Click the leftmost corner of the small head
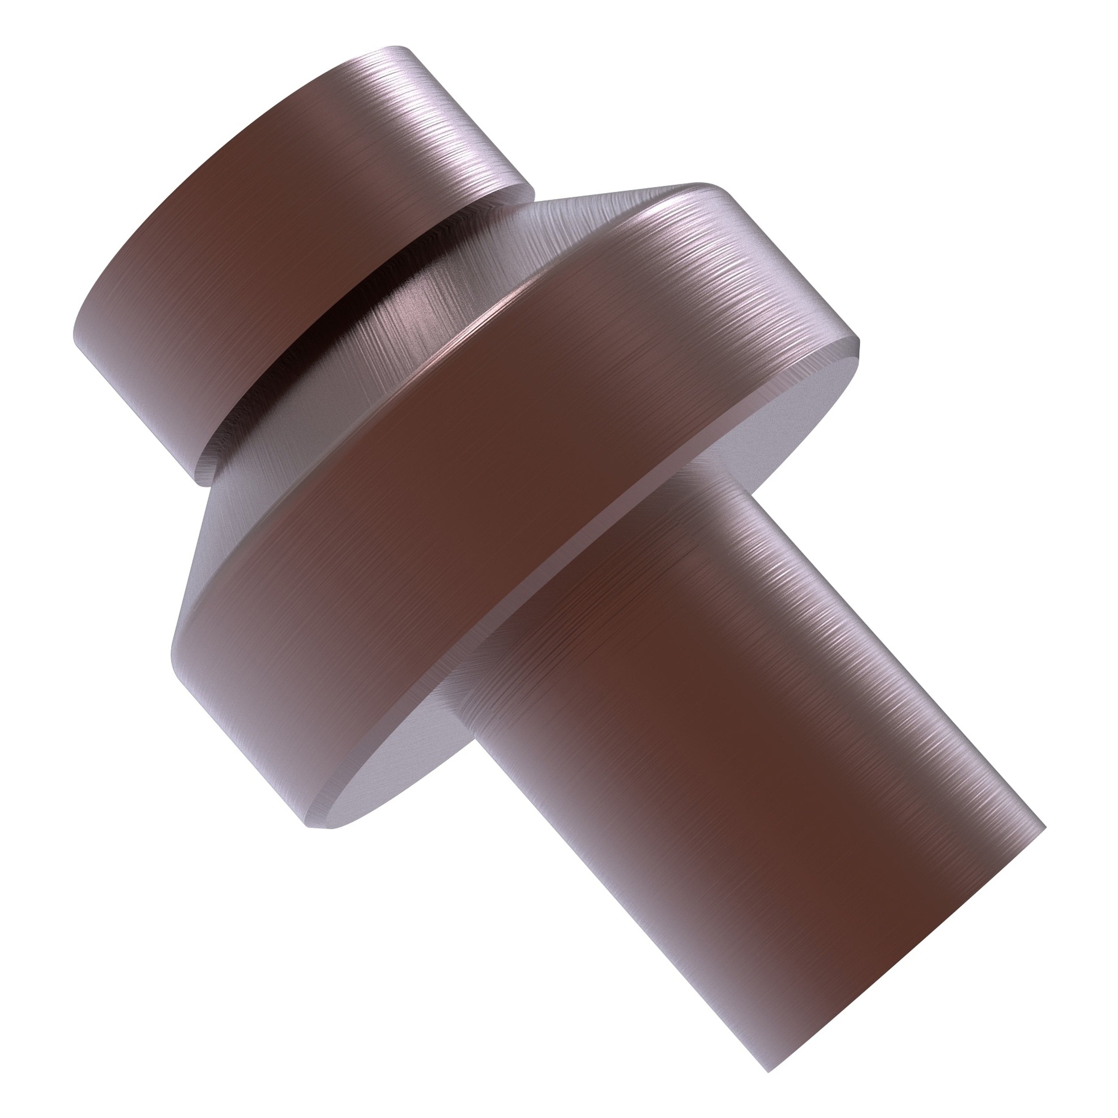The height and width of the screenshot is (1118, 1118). tap(75, 341)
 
